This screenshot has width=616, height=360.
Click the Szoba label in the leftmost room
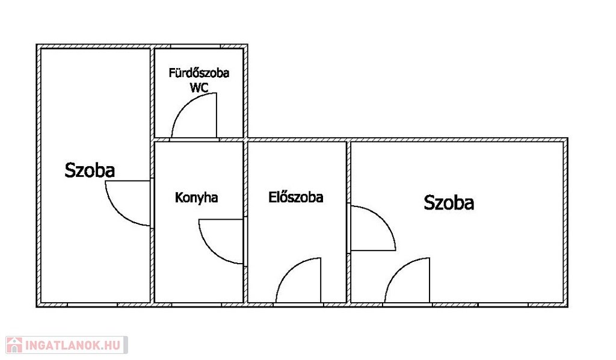90,170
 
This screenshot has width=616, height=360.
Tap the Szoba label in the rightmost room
449,203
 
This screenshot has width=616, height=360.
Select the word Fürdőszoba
199,74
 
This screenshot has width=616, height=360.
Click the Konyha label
196,197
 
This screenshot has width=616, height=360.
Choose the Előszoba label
295,197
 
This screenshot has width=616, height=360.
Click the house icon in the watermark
14,345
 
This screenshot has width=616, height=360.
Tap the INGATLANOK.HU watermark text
73,345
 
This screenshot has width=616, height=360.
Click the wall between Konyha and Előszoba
246,181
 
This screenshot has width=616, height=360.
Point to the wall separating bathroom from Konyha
199,140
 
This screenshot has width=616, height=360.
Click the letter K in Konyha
179,197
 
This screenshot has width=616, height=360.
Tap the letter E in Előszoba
273,197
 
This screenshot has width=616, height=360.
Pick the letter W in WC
195,87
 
